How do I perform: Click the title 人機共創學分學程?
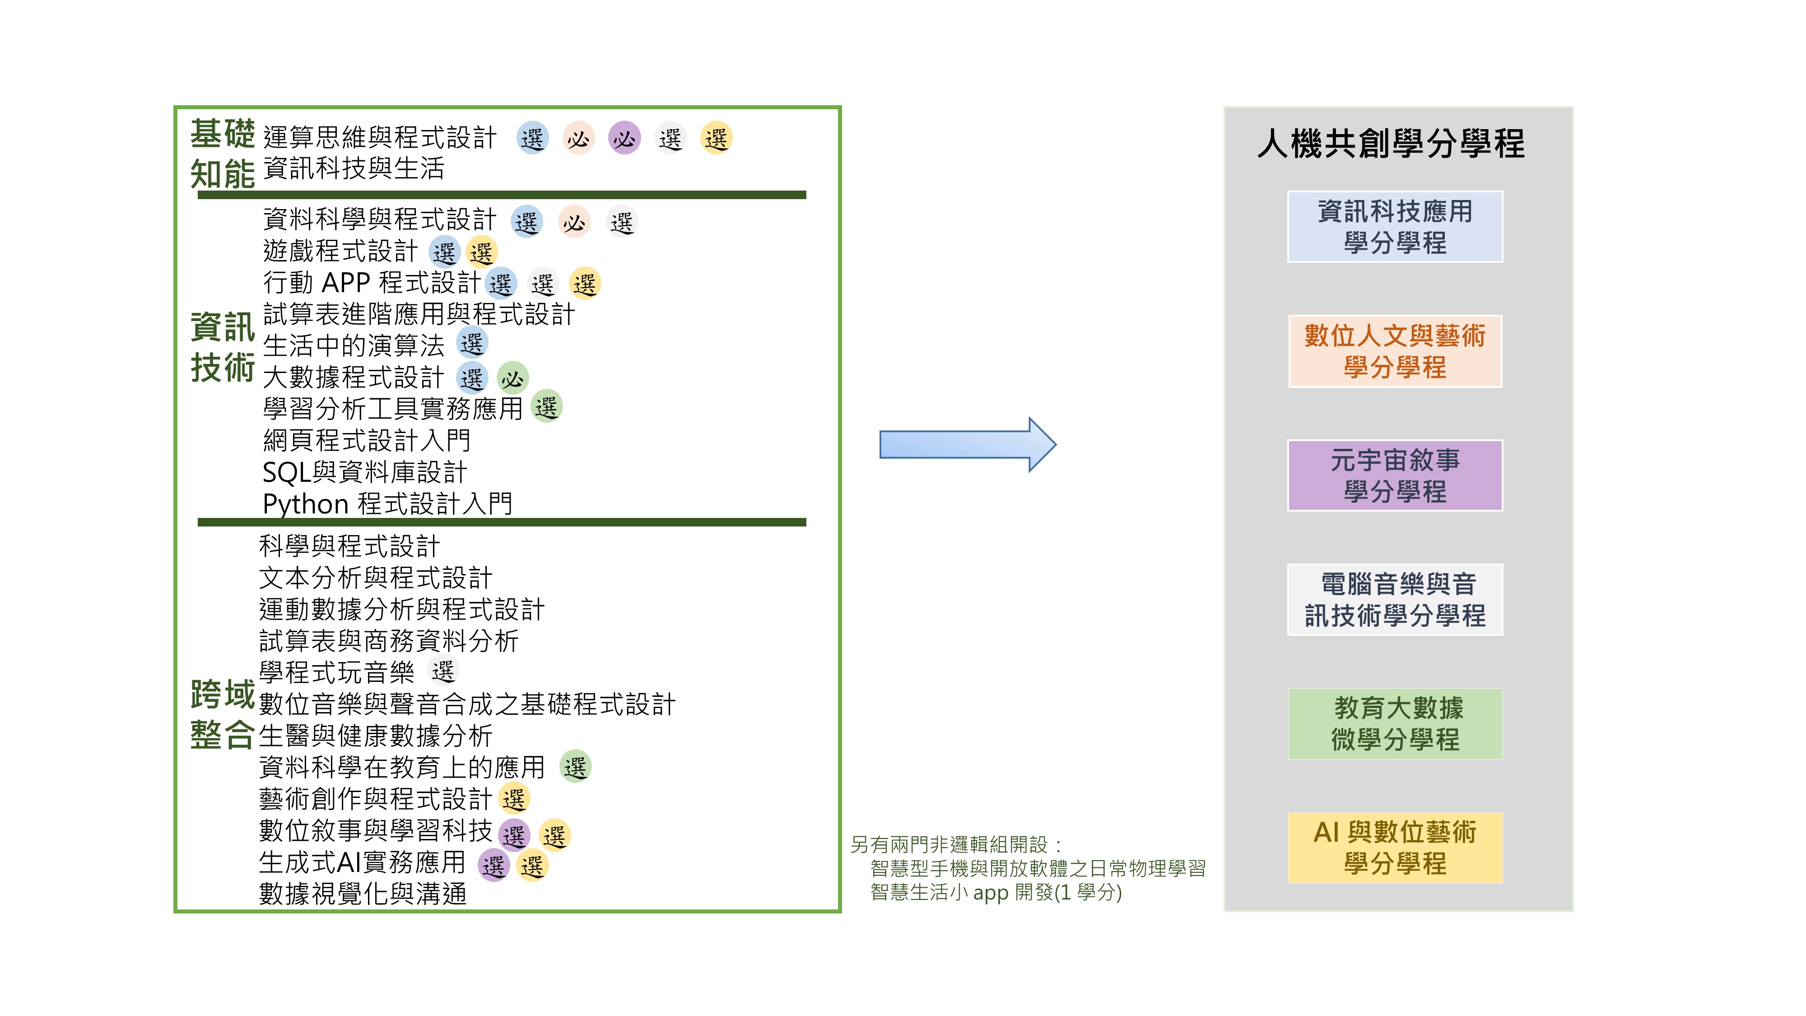coord(1391,144)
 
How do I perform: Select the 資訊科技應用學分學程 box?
coord(1395,227)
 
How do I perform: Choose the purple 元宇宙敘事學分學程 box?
coord(1395,475)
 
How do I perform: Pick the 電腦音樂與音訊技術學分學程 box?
coord(1395,600)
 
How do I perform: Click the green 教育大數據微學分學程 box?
coord(1395,723)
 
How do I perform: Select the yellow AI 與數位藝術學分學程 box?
coord(1395,848)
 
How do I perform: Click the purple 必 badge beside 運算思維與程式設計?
coord(624,138)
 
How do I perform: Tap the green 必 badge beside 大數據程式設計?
coord(512,378)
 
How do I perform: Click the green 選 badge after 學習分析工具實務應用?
coord(546,407)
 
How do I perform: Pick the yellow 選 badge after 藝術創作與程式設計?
coord(514,798)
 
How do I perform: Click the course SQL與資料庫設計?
coord(364,472)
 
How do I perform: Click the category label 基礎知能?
coord(222,154)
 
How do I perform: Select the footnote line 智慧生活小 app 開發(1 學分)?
coord(996,893)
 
